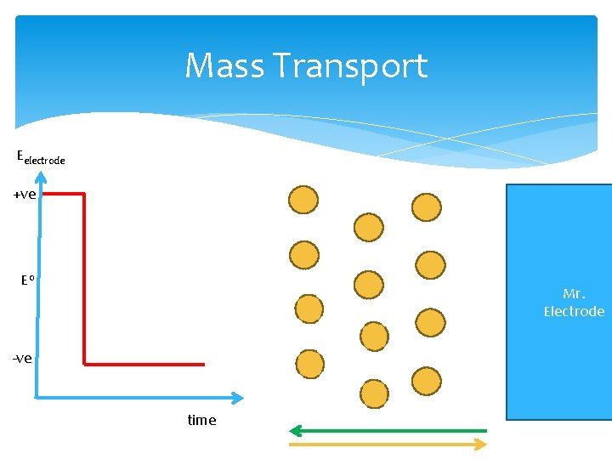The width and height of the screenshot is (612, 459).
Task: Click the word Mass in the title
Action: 224,66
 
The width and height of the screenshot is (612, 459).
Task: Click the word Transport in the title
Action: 351,66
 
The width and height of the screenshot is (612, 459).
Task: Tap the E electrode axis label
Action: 41,157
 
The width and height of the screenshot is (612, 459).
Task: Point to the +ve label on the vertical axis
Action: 24,195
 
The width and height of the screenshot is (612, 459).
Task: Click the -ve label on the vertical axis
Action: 22,358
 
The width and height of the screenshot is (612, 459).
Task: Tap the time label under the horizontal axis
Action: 201,420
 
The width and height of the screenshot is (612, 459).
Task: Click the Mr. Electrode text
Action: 574,303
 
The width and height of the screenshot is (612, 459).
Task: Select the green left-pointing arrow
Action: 388,430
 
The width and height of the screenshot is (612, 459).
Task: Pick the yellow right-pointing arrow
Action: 388,444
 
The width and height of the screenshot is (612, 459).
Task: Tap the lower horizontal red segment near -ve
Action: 144,364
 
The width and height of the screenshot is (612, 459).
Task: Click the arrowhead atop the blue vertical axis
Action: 40,176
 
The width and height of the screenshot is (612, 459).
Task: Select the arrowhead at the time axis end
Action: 237,397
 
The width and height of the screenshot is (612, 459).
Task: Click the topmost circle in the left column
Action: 303,200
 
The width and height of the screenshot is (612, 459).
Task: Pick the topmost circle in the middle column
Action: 368,227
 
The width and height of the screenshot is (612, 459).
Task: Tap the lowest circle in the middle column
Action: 373,394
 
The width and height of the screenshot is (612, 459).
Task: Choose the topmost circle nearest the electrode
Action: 426,207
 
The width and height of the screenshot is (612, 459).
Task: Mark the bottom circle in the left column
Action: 309,364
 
